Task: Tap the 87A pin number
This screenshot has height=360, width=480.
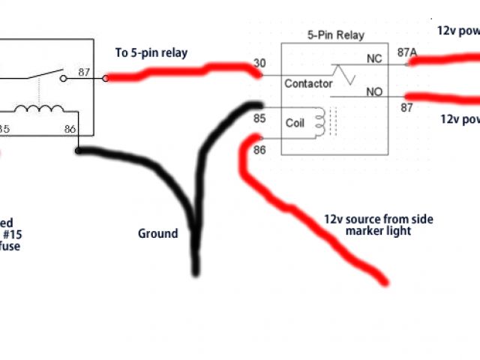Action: [x=408, y=52]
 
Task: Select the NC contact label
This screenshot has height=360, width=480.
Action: [x=373, y=58]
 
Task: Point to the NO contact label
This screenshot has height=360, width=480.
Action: [x=373, y=92]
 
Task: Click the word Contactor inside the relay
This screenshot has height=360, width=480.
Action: [x=308, y=84]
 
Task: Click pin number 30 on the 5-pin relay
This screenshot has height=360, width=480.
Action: [x=259, y=64]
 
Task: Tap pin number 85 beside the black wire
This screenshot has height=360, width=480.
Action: [x=259, y=118]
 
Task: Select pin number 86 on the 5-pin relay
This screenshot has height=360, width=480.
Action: [x=259, y=151]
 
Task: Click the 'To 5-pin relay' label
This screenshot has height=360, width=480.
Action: [x=151, y=52]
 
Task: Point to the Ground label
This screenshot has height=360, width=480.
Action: [x=157, y=233]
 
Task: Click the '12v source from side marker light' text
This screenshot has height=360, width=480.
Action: [x=379, y=225]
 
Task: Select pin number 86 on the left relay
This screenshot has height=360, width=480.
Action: [x=70, y=129]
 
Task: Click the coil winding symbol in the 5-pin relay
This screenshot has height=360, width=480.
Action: [x=320, y=122]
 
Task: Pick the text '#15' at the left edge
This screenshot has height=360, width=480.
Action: [x=12, y=234]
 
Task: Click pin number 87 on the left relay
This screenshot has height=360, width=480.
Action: [x=84, y=73]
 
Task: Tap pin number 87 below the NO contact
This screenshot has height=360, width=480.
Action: [x=406, y=108]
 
